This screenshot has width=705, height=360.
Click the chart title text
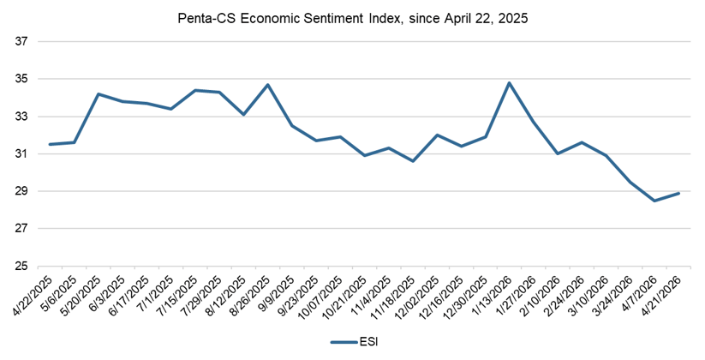click(x=352, y=17)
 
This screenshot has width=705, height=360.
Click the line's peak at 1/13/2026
click(x=510, y=83)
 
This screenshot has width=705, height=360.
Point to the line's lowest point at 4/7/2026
click(x=654, y=201)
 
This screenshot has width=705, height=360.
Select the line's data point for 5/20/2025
click(x=99, y=94)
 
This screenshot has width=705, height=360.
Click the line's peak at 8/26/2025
click(x=268, y=85)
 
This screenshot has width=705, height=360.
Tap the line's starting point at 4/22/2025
click(x=51, y=144)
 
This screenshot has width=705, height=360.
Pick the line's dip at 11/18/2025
click(x=413, y=161)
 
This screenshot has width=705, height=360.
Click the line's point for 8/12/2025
click(x=244, y=115)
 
